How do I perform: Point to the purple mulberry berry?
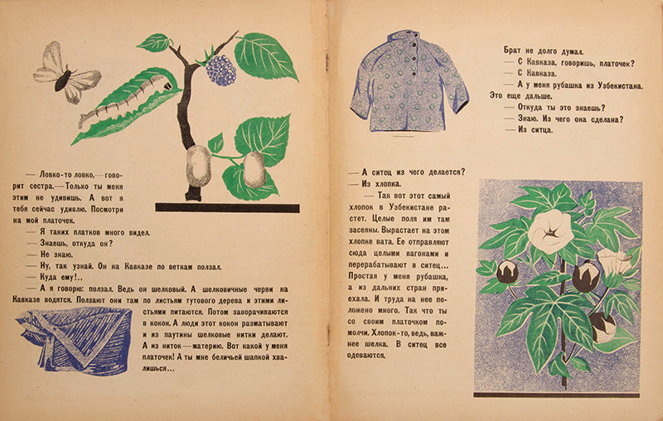click(x=221, y=70)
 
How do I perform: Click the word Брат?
click(x=517, y=50)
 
